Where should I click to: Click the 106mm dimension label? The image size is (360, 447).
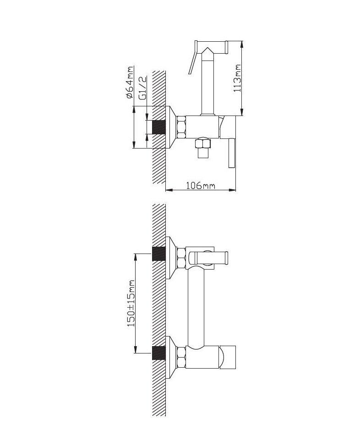point(201,185)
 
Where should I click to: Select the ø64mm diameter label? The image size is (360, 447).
point(130,83)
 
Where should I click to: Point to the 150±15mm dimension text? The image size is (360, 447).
point(131,304)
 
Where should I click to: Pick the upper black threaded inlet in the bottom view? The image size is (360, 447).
point(159,254)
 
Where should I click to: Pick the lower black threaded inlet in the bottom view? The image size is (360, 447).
point(159,353)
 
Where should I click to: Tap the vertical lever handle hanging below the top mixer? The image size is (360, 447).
point(231,153)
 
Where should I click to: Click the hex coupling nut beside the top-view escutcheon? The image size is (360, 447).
point(181,127)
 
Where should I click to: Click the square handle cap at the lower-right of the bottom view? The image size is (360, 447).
point(228,358)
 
